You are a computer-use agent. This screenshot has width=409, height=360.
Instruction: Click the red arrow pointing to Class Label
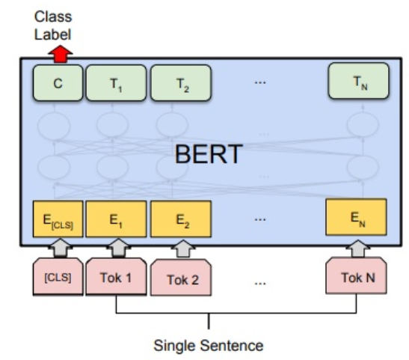coord(61,54)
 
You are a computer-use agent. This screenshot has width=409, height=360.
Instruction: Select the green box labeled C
coord(58,83)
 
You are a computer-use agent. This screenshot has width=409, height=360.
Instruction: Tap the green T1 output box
coord(116,83)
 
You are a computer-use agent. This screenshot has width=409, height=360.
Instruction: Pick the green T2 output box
coord(181,83)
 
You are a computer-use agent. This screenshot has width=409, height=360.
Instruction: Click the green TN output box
coord(359,81)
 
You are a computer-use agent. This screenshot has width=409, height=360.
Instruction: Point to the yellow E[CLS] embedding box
coord(58,219)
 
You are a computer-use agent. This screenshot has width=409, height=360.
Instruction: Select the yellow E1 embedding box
coord(116,219)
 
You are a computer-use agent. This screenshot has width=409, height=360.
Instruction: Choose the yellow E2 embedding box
coord(181,219)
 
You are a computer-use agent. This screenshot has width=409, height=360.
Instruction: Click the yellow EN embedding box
coord(357,217)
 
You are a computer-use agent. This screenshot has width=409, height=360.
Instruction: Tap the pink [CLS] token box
coord(58,277)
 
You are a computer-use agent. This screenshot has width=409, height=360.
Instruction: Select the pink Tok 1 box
coord(116,276)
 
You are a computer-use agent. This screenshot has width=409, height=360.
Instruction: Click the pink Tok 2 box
coord(181,278)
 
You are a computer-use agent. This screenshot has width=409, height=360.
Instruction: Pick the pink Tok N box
coord(357,275)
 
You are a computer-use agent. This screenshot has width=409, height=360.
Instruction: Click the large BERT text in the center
coord(209,154)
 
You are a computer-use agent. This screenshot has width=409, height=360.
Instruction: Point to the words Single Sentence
coord(209,346)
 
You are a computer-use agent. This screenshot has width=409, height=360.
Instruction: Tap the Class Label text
coord(53,25)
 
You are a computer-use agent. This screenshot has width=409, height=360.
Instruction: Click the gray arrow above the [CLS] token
coord(61,248)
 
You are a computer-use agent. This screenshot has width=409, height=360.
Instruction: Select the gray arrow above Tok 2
coord(183,248)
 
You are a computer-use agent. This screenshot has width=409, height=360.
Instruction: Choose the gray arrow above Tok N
coord(358,248)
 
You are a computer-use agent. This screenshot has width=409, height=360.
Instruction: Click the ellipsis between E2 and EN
coord(260,219)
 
